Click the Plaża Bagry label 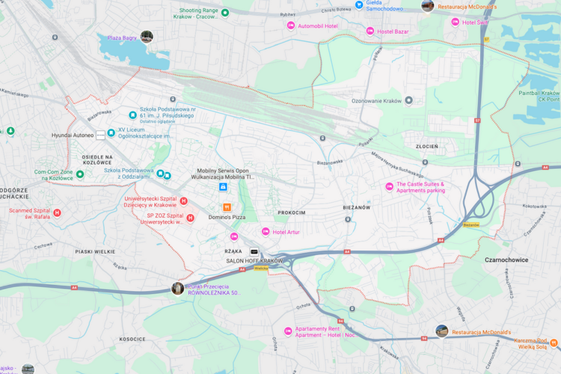click(x=122, y=37)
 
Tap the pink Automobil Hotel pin click(x=291, y=26)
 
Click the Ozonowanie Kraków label click(x=376, y=101)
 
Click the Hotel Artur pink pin click(x=265, y=232)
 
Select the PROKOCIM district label click(x=291, y=212)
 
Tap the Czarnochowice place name click(x=506, y=260)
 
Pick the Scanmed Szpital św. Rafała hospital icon click(x=57, y=213)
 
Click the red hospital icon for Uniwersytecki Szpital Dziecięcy click(x=183, y=201)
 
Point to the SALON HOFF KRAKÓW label click(x=255, y=260)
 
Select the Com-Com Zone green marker click(x=80, y=174)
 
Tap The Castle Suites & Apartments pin click(x=389, y=186)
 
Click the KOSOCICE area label click(x=132, y=339)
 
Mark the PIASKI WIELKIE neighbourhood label click(x=93, y=252)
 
